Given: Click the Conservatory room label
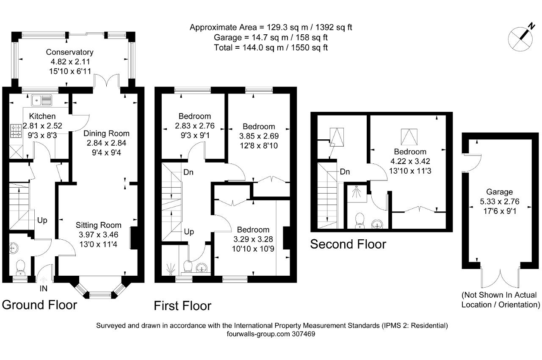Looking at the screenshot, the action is pos(70,52).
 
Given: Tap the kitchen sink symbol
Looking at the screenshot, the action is pos(41,100).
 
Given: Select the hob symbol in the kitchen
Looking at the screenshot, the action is pos(16,131).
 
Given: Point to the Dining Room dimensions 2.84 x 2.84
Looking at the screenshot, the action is pos(106,143).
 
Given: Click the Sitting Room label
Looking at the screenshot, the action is pos(99,225).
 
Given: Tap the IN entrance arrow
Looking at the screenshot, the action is pos(43,280).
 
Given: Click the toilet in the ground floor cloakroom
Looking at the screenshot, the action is pos(20,268).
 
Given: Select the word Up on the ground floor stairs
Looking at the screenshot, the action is pos(42,220).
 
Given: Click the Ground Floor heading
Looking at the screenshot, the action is pos(39,305).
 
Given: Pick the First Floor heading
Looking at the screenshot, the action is pos(183,305).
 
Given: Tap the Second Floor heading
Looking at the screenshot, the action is pos(348,244).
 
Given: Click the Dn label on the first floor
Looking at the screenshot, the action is pos(188,172).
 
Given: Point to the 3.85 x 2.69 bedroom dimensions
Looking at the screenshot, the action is pos(259,136).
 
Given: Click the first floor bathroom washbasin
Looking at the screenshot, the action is pos(201,268).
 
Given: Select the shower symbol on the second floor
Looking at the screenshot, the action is pos(357,192).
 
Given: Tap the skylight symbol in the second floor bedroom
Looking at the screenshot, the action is pos(409,137).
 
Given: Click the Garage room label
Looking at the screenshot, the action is pos(499,192).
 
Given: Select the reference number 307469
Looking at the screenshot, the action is pos(304,334).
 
